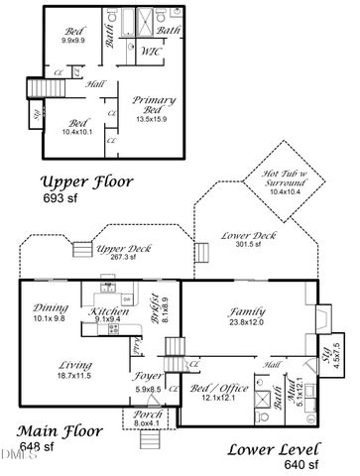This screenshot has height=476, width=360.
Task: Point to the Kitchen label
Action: [109, 310]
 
